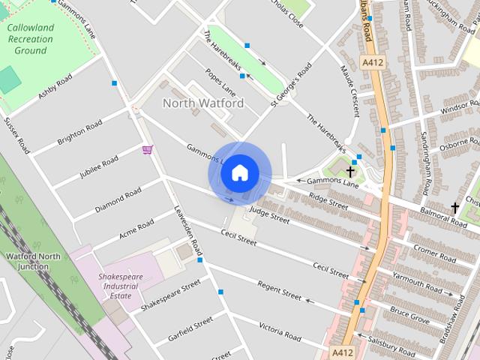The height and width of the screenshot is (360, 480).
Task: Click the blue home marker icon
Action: (239, 173)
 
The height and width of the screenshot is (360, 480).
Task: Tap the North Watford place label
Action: (203, 103)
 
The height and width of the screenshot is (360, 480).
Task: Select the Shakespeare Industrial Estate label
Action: (121, 286)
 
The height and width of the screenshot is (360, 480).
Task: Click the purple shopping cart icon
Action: (148, 150)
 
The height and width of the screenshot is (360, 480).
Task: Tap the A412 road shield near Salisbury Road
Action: (342, 351)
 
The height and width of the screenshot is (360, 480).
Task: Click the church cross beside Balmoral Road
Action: (454, 207)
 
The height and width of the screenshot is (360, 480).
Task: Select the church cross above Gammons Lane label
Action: (350, 172)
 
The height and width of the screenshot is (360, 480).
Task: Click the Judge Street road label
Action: (269, 215)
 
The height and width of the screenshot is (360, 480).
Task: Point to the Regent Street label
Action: (279, 291)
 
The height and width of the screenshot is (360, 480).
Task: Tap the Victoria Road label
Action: (280, 331)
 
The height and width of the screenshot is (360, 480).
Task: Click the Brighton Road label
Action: (79, 134)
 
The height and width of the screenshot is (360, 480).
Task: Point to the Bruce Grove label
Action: (409, 314)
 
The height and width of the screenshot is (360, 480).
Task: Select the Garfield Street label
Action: (190, 329)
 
